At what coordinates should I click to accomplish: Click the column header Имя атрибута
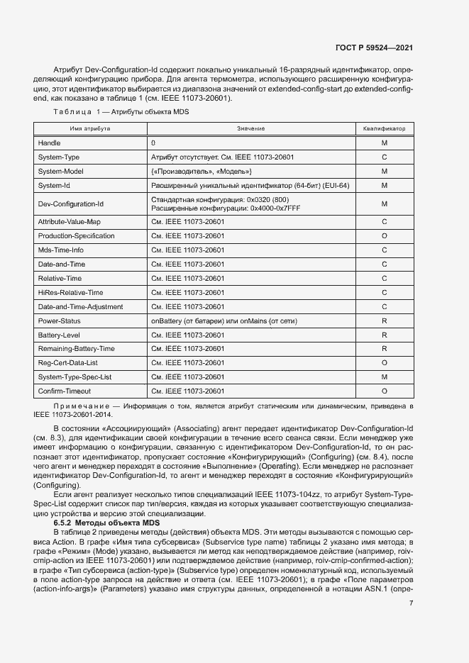pyautogui.click(x=89, y=128)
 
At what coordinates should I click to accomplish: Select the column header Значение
pyautogui.click(x=250, y=128)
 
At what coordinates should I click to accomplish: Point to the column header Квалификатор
pyautogui.click(x=384, y=128)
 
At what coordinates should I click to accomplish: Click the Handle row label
pyautogui.click(x=49, y=143)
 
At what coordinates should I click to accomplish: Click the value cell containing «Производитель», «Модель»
pyautogui.click(x=202, y=171)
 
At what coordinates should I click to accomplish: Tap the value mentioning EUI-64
pyautogui.click(x=250, y=186)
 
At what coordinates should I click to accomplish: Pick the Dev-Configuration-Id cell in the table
pyautogui.click(x=71, y=204)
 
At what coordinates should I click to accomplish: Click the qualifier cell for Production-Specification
pyautogui.click(x=384, y=235)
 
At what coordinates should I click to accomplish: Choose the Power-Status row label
pyautogui.click(x=59, y=321)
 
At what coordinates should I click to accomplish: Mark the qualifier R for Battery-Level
pyautogui.click(x=384, y=335)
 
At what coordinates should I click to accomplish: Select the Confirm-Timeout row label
pyautogui.click(x=65, y=391)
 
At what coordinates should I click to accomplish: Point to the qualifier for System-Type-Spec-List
pyautogui.click(x=384, y=377)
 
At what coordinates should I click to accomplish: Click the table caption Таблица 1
pyautogui.click(x=121, y=113)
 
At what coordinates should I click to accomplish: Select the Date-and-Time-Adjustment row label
pyautogui.click(x=80, y=306)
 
